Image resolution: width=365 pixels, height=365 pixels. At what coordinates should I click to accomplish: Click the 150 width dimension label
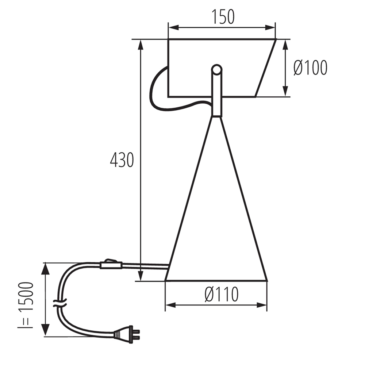click(x=223, y=17)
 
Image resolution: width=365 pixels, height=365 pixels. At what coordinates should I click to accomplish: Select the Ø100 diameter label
click(x=310, y=68)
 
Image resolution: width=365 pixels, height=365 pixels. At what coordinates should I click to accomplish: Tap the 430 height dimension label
click(x=122, y=160)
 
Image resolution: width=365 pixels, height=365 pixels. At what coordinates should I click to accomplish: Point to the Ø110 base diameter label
click(x=222, y=294)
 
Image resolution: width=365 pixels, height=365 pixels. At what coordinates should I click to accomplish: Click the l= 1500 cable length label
click(x=26, y=305)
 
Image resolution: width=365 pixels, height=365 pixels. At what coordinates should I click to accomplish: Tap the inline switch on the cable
click(x=111, y=264)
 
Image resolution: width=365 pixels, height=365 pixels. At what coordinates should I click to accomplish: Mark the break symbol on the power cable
click(x=60, y=303)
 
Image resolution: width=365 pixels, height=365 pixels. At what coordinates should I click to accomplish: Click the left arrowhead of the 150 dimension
click(x=173, y=27)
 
